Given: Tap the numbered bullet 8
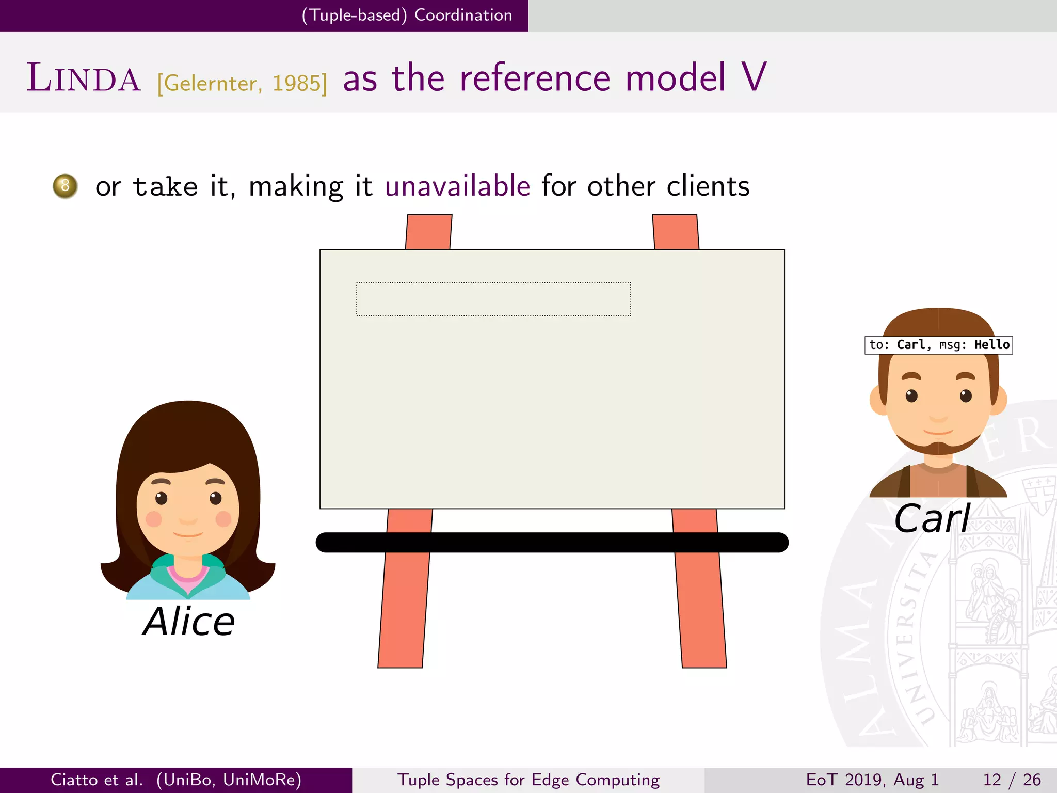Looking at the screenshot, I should click(x=65, y=186).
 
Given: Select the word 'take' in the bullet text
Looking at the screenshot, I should click(x=165, y=187).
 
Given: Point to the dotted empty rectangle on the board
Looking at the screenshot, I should click(x=493, y=299).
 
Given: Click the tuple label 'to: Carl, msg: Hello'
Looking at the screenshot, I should click(x=938, y=345).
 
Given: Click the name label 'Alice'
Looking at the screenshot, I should click(x=189, y=622).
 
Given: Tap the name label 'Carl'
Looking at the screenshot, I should click(x=932, y=519).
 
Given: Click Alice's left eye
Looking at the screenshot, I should click(x=162, y=498).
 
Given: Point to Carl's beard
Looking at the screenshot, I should click(x=938, y=447).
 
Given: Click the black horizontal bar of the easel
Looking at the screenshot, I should click(x=552, y=543).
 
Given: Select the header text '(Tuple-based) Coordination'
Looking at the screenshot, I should click(x=407, y=15).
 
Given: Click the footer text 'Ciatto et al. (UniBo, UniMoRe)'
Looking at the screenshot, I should click(x=176, y=780).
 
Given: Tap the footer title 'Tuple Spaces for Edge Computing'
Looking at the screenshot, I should click(x=528, y=780).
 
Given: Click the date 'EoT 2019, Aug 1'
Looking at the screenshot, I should click(x=872, y=780).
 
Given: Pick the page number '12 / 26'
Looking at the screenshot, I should click(x=1012, y=780).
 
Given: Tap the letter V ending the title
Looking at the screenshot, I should click(x=754, y=77).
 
